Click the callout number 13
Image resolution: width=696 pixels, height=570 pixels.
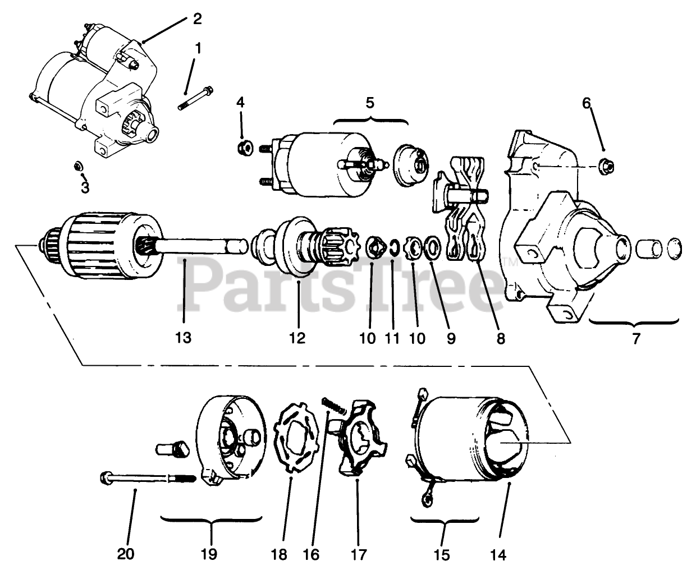[x=183, y=338]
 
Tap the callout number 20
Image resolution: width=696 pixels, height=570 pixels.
[x=126, y=554]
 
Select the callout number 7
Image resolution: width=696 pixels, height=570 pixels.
[x=636, y=339]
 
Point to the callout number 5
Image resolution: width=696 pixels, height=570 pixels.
[x=370, y=103]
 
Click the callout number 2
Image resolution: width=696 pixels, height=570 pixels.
[x=196, y=19]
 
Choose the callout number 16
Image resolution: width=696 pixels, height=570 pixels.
[x=312, y=554]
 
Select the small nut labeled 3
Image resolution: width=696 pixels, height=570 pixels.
[x=79, y=166]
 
